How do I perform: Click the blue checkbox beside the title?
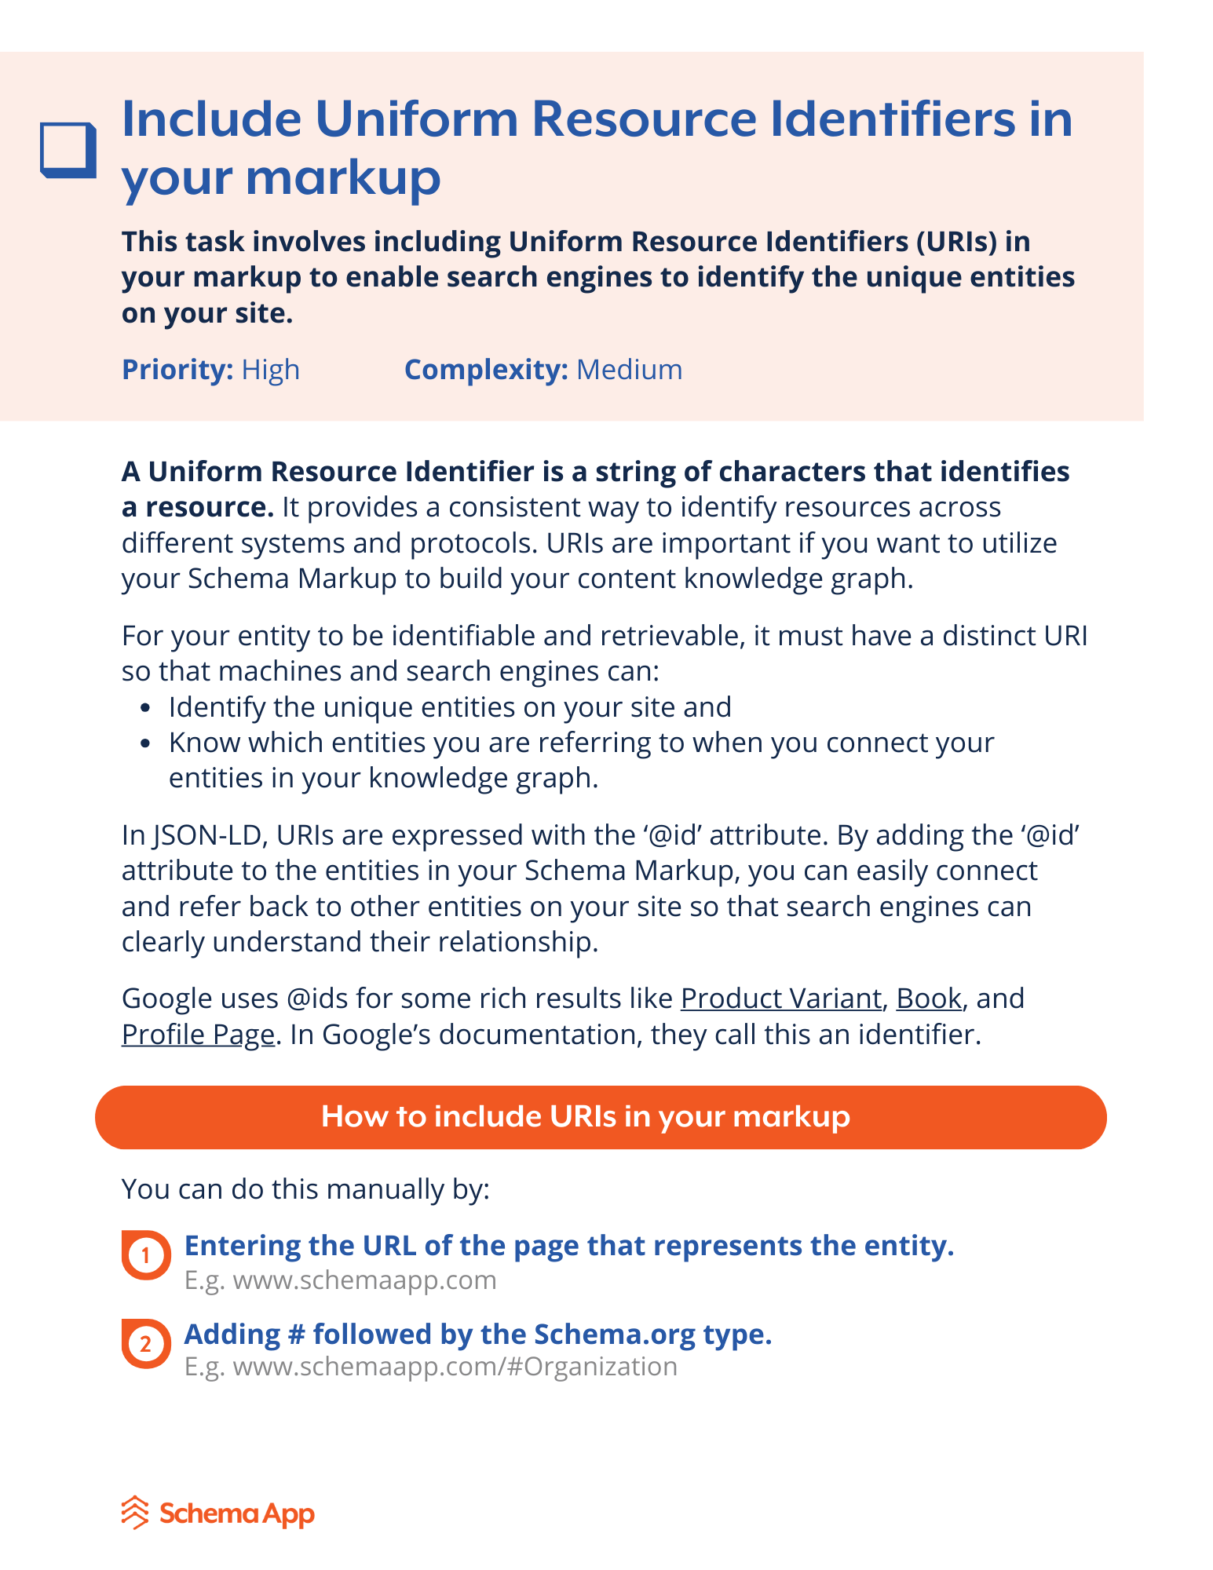pos(68,149)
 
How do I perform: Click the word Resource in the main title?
pos(644,119)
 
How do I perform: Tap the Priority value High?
pos(270,370)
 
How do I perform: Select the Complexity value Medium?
pos(629,370)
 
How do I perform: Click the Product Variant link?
pos(780,999)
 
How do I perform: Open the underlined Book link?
pos(928,999)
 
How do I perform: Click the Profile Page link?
pos(198,1035)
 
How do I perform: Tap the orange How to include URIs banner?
pos(601,1117)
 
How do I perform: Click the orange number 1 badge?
pos(145,1255)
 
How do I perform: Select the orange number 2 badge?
pos(145,1343)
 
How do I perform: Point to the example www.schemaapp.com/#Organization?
pos(455,1367)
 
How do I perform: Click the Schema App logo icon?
pos(135,1513)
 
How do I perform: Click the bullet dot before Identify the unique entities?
pos(144,708)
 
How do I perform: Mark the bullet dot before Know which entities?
pos(144,743)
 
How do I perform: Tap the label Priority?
pos(177,370)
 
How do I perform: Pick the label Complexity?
pos(485,370)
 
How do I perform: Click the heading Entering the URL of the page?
pos(568,1246)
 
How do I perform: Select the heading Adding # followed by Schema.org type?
pos(477,1334)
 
